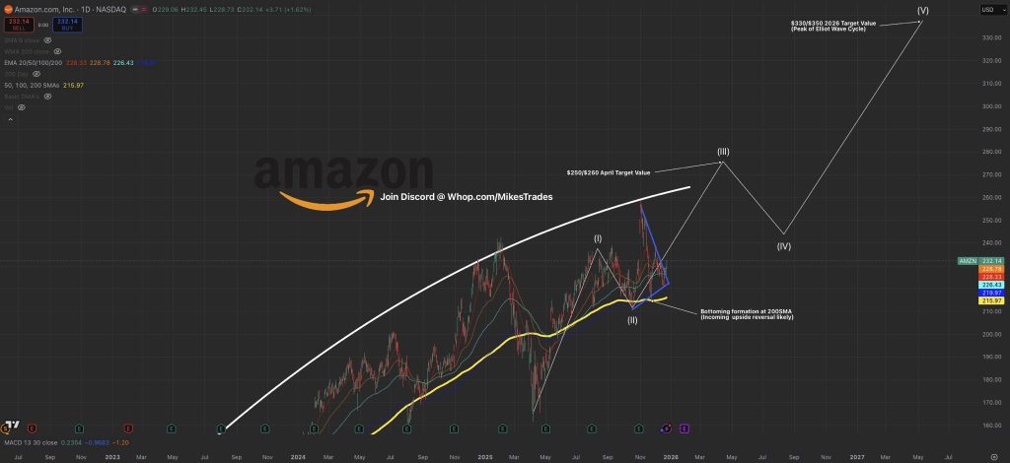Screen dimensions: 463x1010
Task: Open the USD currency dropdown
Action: coord(987,10)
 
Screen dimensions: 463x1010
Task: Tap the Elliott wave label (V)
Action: coord(922,11)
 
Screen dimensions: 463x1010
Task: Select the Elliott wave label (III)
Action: coord(723,152)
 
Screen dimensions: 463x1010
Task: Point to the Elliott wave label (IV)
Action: coord(784,245)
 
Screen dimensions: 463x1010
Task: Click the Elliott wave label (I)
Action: coord(598,238)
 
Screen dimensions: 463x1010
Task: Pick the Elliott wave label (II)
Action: coord(632,320)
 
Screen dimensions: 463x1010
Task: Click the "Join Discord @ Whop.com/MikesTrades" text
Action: coord(467,197)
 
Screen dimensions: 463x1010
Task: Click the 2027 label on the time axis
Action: coord(857,457)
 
